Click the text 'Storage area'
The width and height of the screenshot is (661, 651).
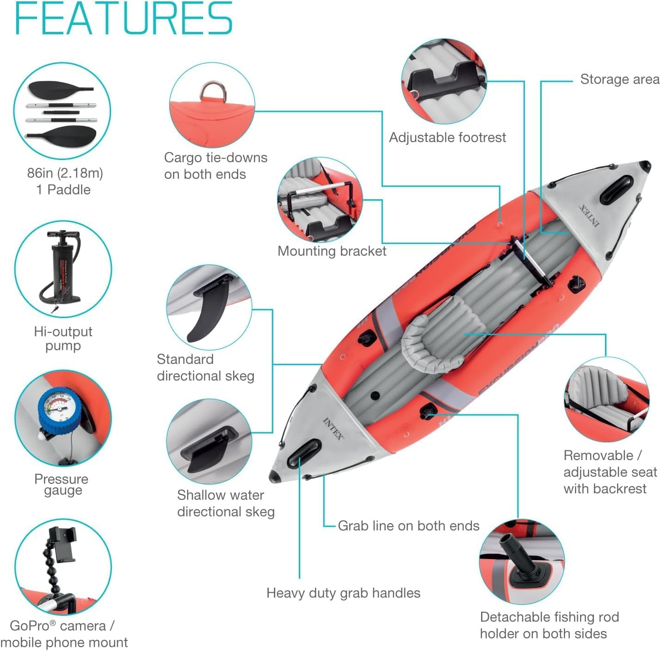click(x=619, y=80)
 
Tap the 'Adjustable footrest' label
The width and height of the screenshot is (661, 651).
click(x=447, y=137)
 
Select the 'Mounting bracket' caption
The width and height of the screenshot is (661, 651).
click(x=332, y=251)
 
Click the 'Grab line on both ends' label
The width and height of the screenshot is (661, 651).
click(x=408, y=526)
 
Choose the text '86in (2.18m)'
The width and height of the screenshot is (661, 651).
click(x=65, y=173)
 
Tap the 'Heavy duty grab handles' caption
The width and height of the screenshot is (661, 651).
click(x=343, y=593)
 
